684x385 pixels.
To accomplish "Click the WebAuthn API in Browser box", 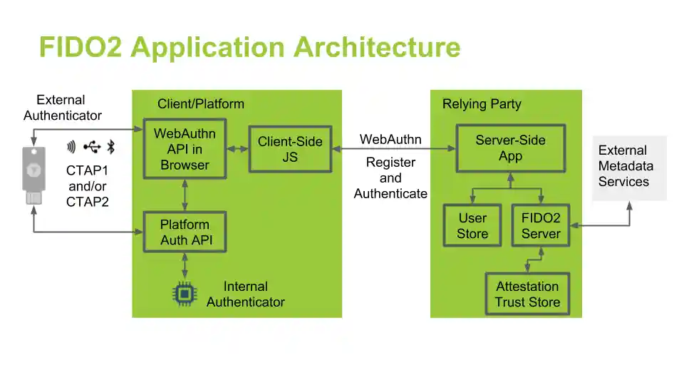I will tap(185, 150).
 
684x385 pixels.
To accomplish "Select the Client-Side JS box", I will tap(290, 149).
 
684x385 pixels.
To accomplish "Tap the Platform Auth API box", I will tap(185, 232).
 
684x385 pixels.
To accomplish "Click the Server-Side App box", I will tap(510, 149).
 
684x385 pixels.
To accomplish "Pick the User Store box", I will tap(472, 225).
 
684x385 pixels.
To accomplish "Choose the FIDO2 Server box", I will tap(541, 225).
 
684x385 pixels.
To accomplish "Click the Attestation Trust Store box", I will tap(527, 294).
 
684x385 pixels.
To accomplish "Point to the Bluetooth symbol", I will tap(111, 148).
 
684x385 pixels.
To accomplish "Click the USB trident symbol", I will tap(91, 148).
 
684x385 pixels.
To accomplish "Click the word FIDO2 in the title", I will tap(81, 47).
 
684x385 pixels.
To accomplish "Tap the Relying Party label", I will tap(482, 104).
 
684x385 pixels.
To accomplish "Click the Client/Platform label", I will tap(200, 104).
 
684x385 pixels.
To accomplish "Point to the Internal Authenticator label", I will tap(245, 294).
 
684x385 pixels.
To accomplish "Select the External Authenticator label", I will tap(62, 108).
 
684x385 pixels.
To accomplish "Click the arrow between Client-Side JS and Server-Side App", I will tap(393, 149).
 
